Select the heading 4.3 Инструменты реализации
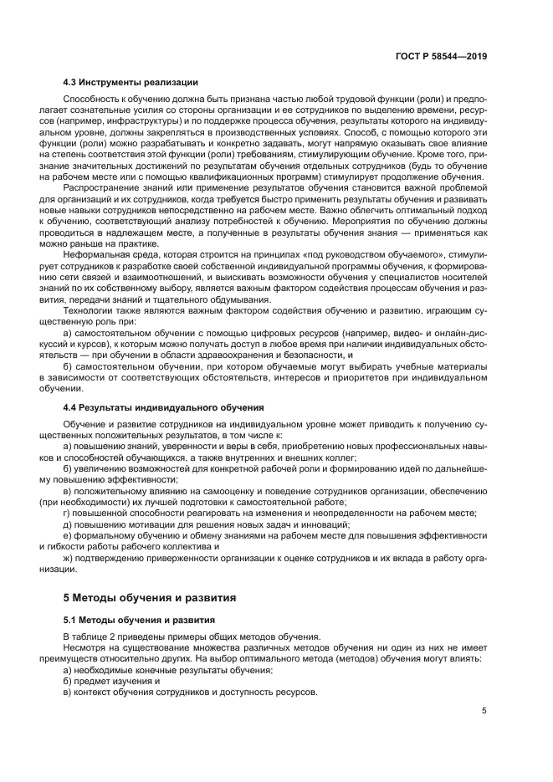131,82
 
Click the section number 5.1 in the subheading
72,620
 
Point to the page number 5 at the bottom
484,711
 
